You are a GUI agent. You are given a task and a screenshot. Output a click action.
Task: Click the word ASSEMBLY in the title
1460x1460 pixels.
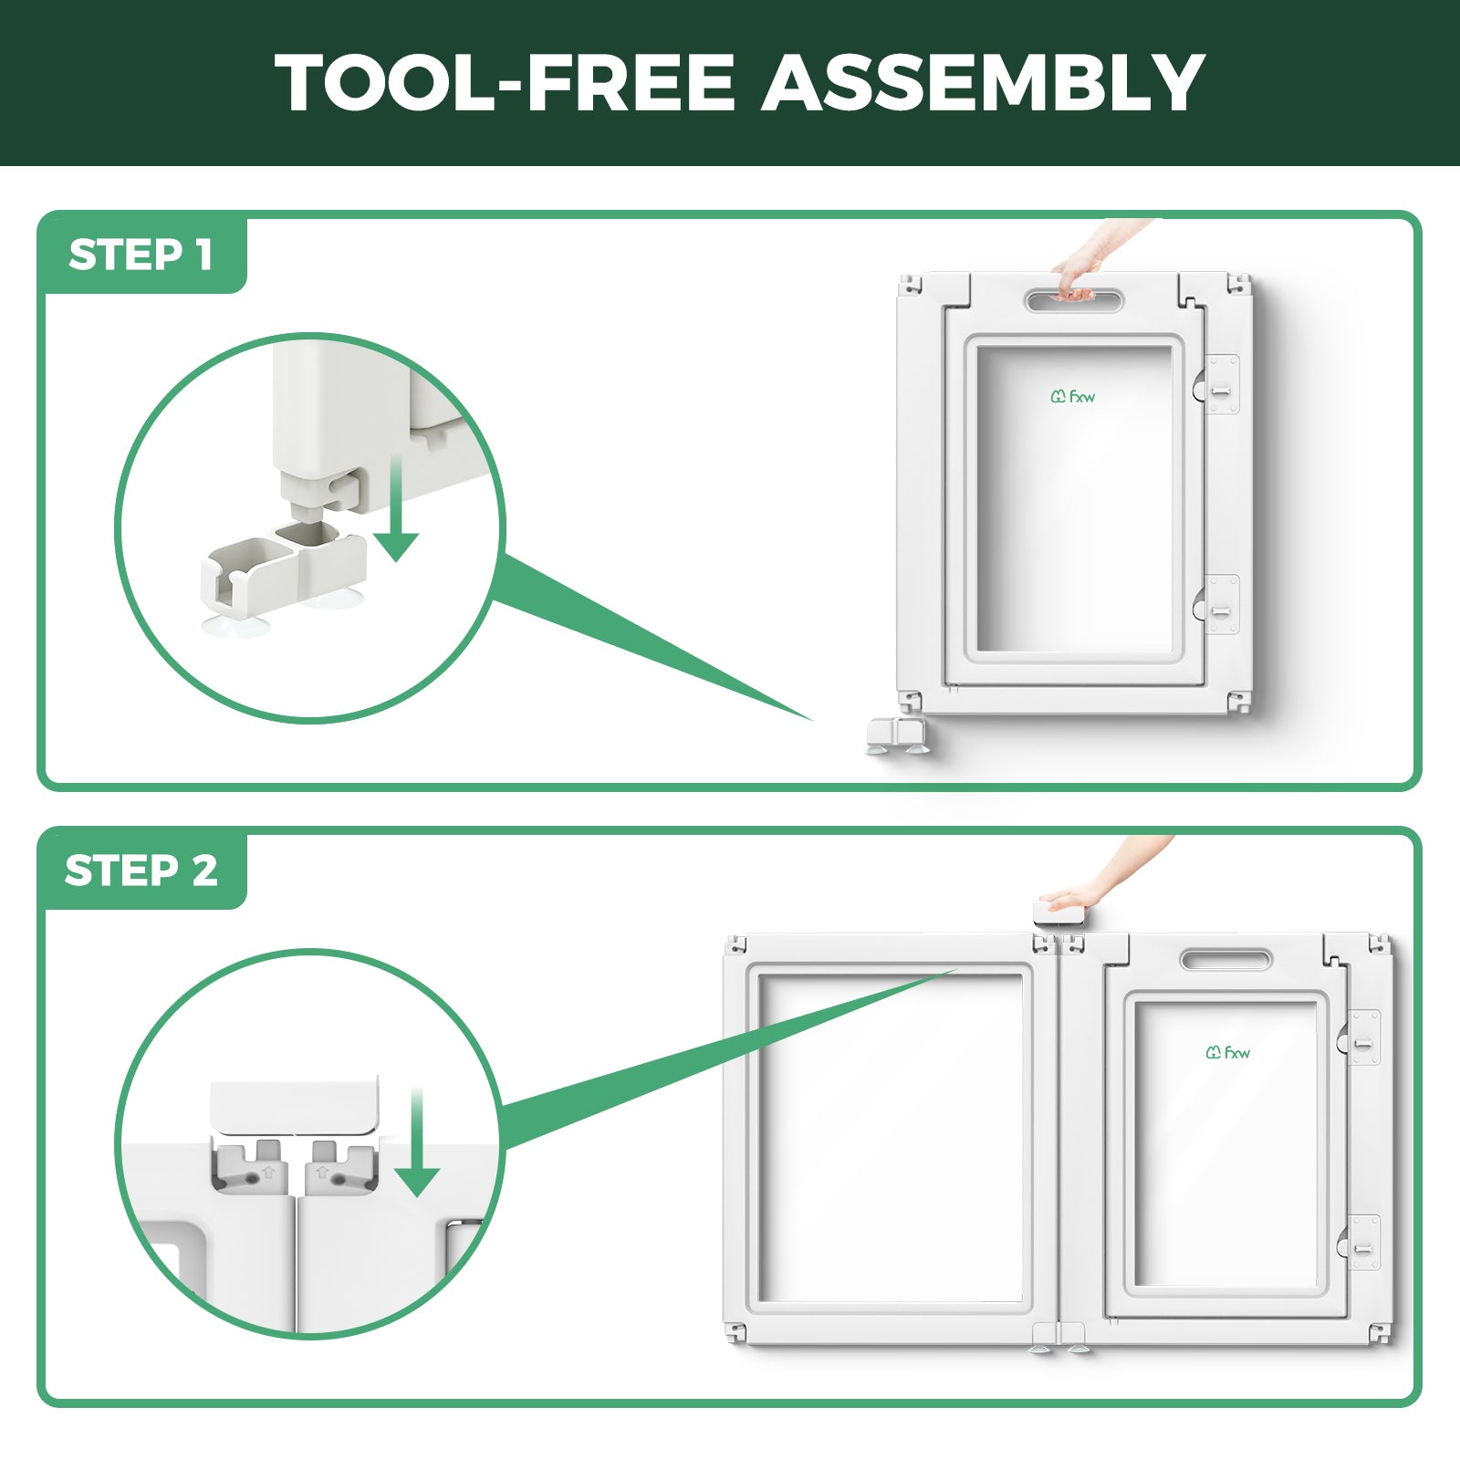983,82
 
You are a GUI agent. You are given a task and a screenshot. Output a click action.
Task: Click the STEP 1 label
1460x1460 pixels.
141,255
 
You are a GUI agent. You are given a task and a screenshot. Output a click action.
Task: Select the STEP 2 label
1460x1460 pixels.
141,871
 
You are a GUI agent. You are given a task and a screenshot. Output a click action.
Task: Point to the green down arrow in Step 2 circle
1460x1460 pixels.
417,1142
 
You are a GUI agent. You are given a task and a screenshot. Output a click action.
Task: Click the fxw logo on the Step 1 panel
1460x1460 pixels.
1072,396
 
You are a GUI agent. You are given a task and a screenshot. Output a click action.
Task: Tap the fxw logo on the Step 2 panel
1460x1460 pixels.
1227,1052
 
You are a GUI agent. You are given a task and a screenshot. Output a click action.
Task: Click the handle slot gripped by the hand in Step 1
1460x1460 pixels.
1074,300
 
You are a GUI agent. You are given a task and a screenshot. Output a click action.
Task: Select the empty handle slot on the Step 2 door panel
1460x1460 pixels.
1225,960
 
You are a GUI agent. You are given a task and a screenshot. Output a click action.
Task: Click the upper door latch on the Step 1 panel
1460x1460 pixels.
1218,385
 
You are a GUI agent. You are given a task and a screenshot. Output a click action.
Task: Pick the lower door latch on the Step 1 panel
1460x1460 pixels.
1218,604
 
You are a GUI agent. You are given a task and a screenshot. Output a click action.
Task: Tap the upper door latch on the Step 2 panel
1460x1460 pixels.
1361,1038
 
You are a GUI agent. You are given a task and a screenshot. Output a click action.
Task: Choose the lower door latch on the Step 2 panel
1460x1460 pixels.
1361,1243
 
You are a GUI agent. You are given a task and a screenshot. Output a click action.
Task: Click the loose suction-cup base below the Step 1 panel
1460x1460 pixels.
898,735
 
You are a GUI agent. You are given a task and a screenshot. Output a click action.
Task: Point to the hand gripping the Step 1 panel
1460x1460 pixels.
1095,257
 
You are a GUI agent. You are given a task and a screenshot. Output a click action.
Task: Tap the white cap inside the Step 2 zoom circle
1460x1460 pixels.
294,1108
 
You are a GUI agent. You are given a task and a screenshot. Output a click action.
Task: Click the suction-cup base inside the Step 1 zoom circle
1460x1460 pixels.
283,577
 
